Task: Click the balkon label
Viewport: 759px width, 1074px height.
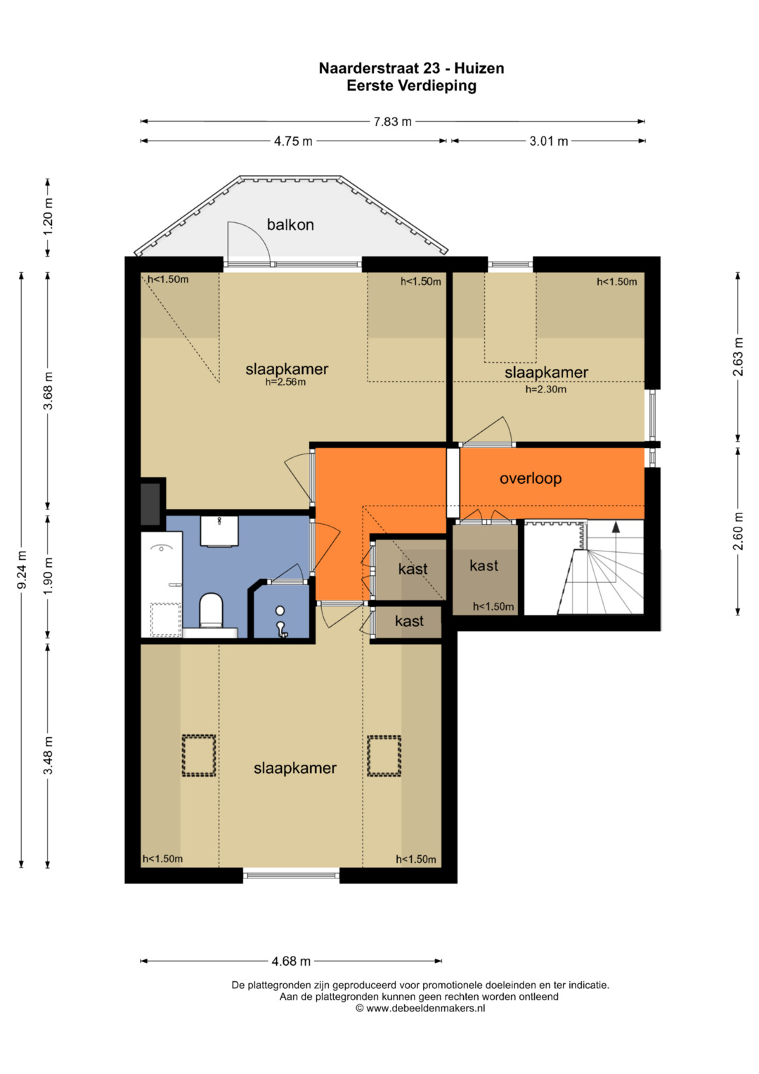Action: click(x=290, y=224)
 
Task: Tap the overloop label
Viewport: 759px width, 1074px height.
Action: click(x=531, y=478)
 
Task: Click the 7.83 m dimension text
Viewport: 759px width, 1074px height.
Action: click(x=392, y=122)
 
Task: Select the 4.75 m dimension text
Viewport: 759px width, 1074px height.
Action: click(x=293, y=141)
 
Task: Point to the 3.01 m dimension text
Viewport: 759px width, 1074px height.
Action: click(x=549, y=141)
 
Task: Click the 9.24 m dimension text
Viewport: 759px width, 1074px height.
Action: click(x=22, y=570)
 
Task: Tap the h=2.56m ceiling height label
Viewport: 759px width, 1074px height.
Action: click(x=285, y=382)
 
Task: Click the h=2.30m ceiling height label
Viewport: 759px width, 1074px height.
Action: click(x=546, y=390)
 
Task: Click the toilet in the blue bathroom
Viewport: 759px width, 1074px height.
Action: click(x=211, y=610)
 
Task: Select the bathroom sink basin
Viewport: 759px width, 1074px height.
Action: click(x=219, y=531)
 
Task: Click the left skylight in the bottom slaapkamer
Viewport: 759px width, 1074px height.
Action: click(x=198, y=755)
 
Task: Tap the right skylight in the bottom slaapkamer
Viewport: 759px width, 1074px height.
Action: click(x=384, y=755)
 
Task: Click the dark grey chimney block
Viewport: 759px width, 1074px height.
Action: click(x=150, y=504)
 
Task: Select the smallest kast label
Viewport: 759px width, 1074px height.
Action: click(x=409, y=621)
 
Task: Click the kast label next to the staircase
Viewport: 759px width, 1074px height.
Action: click(x=484, y=565)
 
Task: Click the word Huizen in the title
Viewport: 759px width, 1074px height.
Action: click(x=479, y=68)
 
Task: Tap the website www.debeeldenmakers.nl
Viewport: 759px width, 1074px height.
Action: click(x=425, y=1008)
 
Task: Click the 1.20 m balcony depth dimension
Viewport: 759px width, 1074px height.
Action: click(x=48, y=217)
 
